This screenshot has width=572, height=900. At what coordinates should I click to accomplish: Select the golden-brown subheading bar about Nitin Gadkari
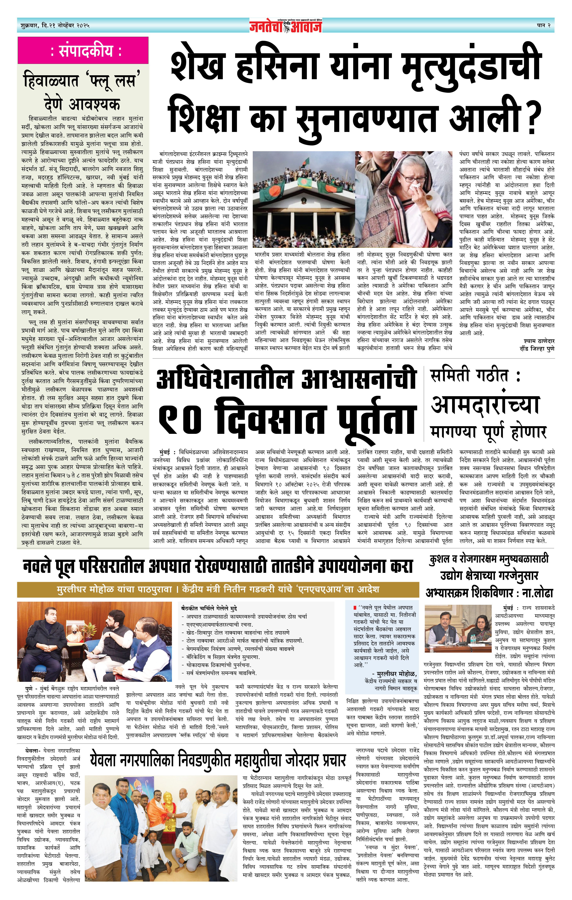coord(218,589)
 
